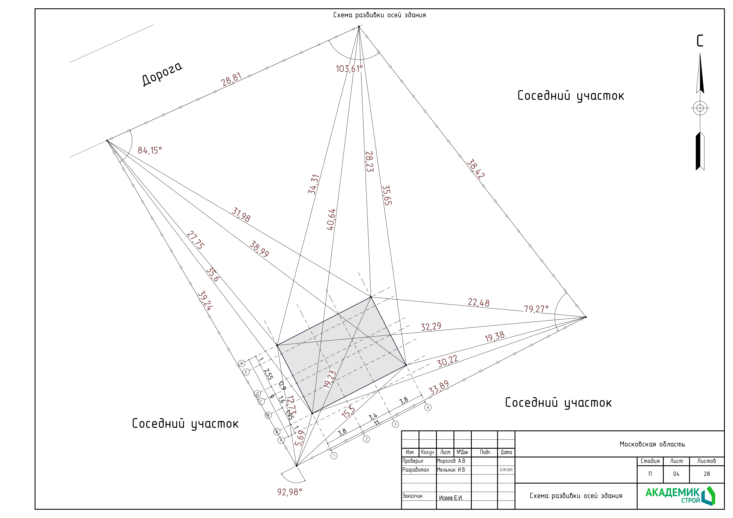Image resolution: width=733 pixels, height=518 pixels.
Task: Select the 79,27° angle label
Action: [x=536, y=309]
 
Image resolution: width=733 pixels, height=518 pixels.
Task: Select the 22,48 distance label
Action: [x=479, y=302]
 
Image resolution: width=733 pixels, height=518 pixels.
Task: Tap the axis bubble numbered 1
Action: [x=334, y=456]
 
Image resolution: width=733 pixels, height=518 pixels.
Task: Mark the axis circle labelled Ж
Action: [x=242, y=363]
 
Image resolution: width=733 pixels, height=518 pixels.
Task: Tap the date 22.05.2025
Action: [x=506, y=470]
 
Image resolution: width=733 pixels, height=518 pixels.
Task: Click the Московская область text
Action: [x=652, y=444]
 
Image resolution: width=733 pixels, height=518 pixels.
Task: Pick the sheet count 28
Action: [x=707, y=474]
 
